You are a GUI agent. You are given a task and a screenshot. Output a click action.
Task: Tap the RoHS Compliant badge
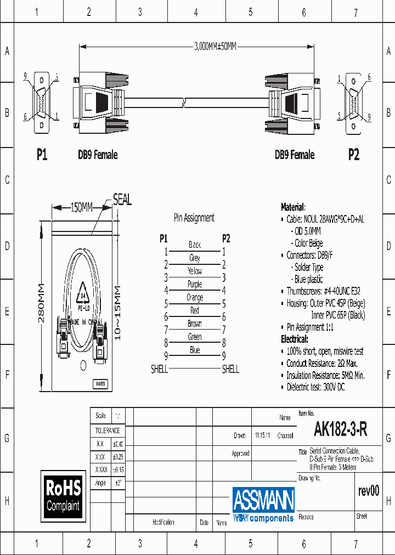pyautogui.click(x=63, y=495)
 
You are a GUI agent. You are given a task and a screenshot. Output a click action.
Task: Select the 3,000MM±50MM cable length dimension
pyautogui.click(x=215, y=47)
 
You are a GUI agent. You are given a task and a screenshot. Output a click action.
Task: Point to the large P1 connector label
pyautogui.click(x=42, y=155)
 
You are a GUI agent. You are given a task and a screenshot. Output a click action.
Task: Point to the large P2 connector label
pyautogui.click(x=354, y=155)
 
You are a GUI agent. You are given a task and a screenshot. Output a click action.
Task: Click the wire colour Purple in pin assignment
pyautogui.click(x=195, y=284)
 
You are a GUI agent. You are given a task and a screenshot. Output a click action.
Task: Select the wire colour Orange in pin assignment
pyautogui.click(x=195, y=297)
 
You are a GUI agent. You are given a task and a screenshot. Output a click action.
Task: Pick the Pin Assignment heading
pyautogui.click(x=194, y=218)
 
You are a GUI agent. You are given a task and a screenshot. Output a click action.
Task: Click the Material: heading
pyautogui.click(x=293, y=207)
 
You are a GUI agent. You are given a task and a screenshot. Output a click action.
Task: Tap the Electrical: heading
pyautogui.click(x=295, y=339)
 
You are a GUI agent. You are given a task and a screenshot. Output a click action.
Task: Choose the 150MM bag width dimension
pyautogui.click(x=81, y=207)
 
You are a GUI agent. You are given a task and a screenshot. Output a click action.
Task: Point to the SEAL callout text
pyautogui.click(x=122, y=200)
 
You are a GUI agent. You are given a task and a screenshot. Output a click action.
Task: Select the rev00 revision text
pyautogui.click(x=368, y=491)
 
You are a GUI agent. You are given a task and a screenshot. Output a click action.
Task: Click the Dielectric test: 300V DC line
pyautogui.click(x=315, y=387)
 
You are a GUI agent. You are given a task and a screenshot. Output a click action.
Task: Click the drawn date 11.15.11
pyautogui.click(x=262, y=435)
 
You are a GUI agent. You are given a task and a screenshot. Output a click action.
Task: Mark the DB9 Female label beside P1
pyautogui.click(x=98, y=155)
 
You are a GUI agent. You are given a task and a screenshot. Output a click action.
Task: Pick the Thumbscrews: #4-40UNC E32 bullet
pyautogui.click(x=323, y=291)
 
